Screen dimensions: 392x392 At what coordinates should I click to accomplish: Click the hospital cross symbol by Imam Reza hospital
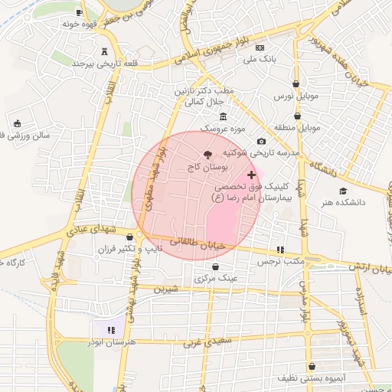252,175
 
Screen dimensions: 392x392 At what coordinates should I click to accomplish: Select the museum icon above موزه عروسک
223,116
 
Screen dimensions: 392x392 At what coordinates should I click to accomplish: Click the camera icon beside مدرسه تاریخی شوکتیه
262,141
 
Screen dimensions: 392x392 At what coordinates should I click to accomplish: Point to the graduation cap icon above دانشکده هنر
343,191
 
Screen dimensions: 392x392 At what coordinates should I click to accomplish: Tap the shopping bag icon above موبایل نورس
297,86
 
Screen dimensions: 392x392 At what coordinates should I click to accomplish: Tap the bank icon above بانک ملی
260,47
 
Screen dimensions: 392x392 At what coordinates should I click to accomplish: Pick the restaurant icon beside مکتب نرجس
280,250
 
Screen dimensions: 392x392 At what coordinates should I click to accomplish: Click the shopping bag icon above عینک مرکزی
214,267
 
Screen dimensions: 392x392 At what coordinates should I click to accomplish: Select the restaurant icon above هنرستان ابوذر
113,330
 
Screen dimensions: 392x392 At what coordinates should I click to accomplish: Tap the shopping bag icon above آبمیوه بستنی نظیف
312,366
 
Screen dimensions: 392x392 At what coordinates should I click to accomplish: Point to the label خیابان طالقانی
203,245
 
